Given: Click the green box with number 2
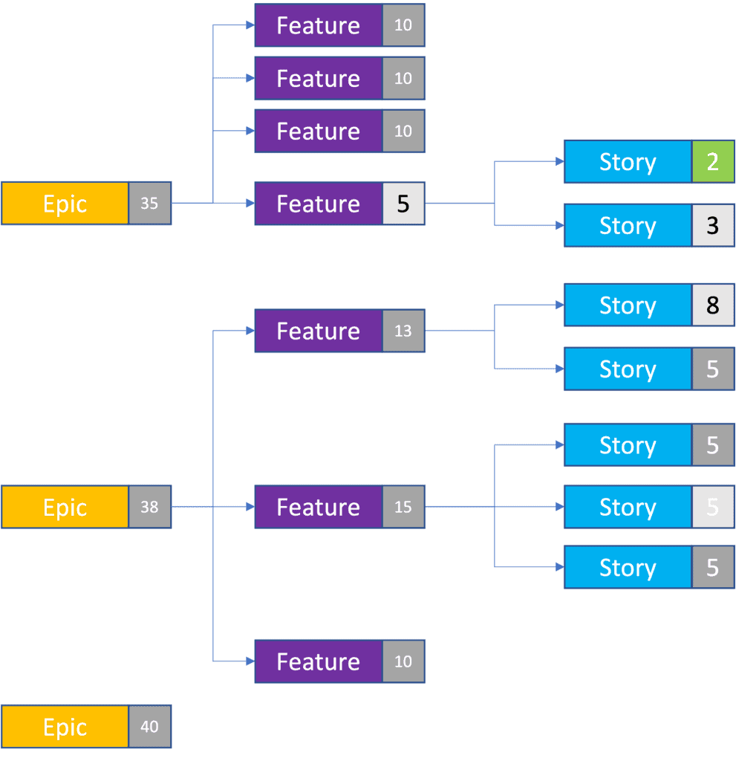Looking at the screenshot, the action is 713,161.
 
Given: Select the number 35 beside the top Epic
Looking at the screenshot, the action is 149,204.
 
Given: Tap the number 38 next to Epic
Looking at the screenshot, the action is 149,507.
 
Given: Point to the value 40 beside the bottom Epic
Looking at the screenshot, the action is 149,727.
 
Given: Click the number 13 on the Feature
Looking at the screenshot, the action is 403,331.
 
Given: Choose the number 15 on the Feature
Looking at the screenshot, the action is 403,507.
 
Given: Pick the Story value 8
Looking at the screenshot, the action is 713,305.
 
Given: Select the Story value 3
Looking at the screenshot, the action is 713,225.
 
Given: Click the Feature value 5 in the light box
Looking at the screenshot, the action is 403,204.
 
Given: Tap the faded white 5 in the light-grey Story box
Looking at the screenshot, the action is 713,507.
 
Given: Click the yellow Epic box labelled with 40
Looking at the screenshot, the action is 65,727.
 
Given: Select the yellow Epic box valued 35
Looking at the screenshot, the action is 65,204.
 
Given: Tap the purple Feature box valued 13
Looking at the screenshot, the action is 319,331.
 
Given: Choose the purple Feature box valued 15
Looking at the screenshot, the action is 319,507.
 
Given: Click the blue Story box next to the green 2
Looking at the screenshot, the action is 628,161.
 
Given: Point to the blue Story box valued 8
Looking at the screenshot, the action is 628,305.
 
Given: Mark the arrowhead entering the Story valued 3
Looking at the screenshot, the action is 560,225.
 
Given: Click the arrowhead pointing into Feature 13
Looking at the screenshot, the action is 250,331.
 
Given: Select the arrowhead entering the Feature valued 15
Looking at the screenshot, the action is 250,507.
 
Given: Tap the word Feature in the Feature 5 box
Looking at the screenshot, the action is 319,204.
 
